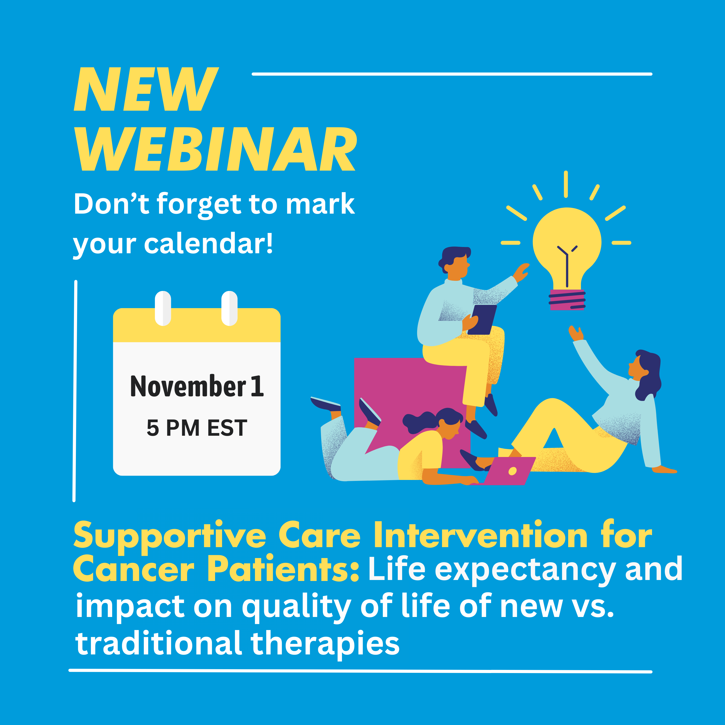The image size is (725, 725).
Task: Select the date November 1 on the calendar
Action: click(x=197, y=386)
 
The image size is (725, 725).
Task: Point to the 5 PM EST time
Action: click(x=197, y=428)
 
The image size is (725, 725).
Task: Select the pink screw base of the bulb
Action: click(x=567, y=300)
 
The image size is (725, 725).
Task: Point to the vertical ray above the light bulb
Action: click(x=565, y=184)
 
